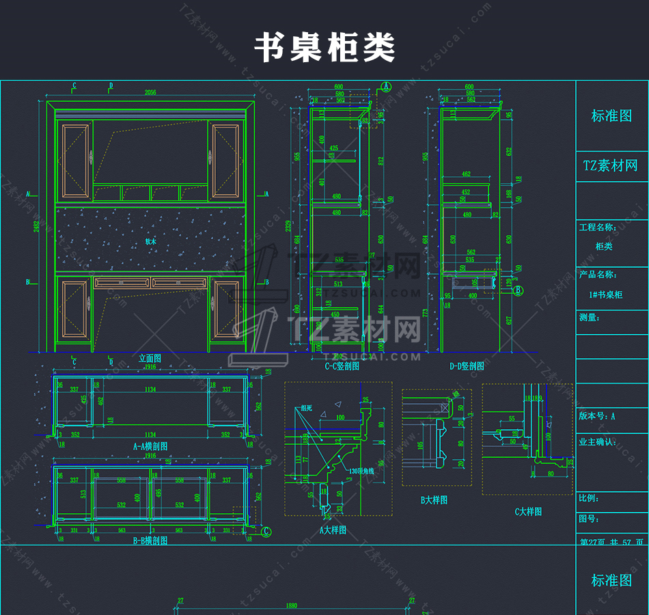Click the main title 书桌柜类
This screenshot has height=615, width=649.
click(324, 49)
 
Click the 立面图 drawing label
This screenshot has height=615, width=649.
click(150, 358)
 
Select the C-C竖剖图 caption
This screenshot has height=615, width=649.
click(342, 366)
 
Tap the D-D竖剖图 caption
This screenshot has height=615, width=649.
click(467, 366)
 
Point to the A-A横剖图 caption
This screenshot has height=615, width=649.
click(150, 446)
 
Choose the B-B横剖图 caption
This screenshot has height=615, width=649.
click(150, 540)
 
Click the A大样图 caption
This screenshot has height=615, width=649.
click(333, 530)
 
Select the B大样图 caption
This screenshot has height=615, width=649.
click(434, 500)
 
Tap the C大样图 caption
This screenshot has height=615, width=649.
click(528, 511)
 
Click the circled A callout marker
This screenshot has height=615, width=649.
click(386, 87)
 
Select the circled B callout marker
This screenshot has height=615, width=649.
click(518, 290)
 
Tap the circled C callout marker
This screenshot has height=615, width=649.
click(266, 531)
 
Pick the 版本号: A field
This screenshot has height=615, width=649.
click(597, 415)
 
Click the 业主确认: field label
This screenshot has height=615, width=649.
click(597, 442)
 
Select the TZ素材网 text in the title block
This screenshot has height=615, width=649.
click(610, 166)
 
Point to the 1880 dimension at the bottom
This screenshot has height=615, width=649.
click(291, 605)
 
